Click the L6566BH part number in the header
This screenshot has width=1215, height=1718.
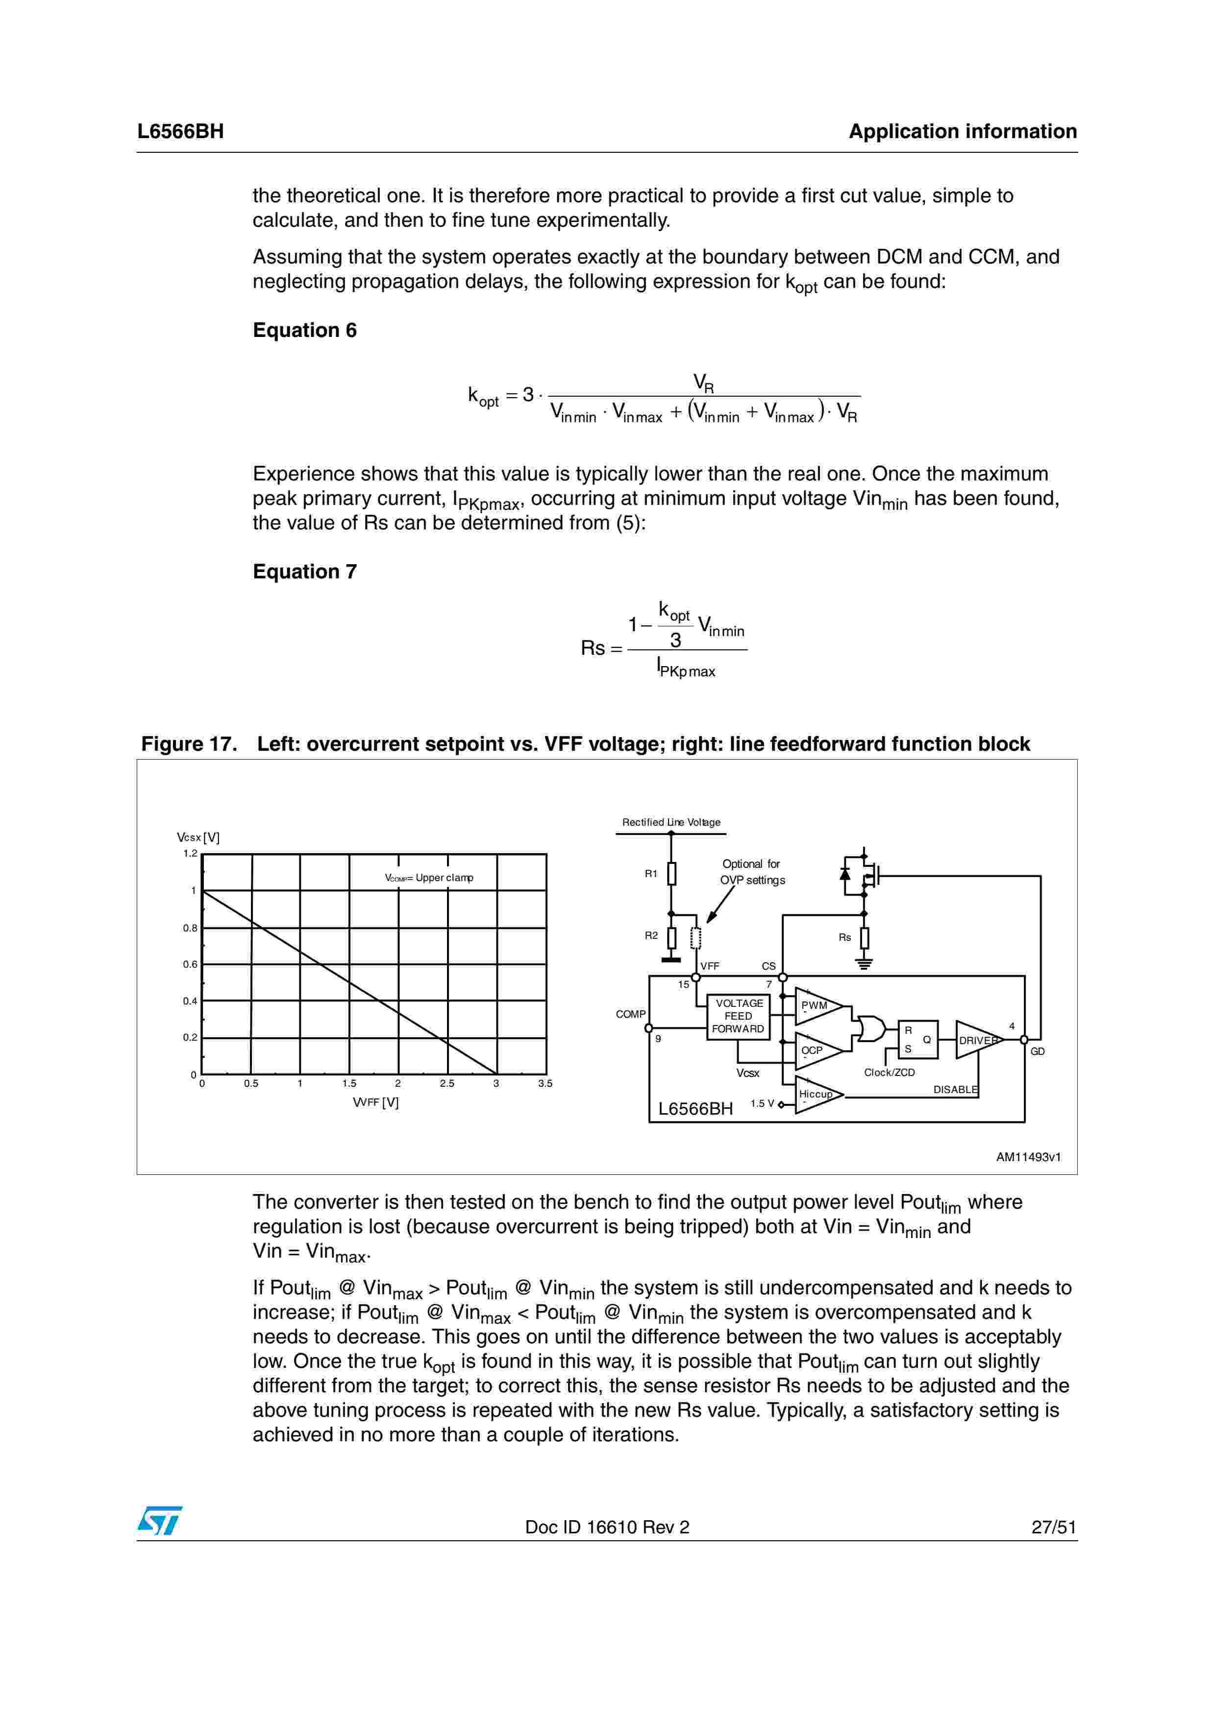[180, 132]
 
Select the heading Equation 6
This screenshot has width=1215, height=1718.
[305, 330]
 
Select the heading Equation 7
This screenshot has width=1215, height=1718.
[305, 572]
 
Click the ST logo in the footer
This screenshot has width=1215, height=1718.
[159, 1521]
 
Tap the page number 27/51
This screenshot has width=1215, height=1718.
[1053, 1527]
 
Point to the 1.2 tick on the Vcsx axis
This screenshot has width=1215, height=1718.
[190, 854]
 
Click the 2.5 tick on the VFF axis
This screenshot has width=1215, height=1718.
[447, 1083]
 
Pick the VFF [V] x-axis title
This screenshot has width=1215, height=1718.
[376, 1102]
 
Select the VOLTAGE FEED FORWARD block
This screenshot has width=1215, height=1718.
[738, 1016]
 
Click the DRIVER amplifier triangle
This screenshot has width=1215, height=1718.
[978, 1040]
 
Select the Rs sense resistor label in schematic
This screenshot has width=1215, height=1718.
[844, 937]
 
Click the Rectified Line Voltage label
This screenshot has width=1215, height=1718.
[671, 822]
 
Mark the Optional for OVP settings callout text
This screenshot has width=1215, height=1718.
[752, 872]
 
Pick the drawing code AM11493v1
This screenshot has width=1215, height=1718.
[1028, 1157]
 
